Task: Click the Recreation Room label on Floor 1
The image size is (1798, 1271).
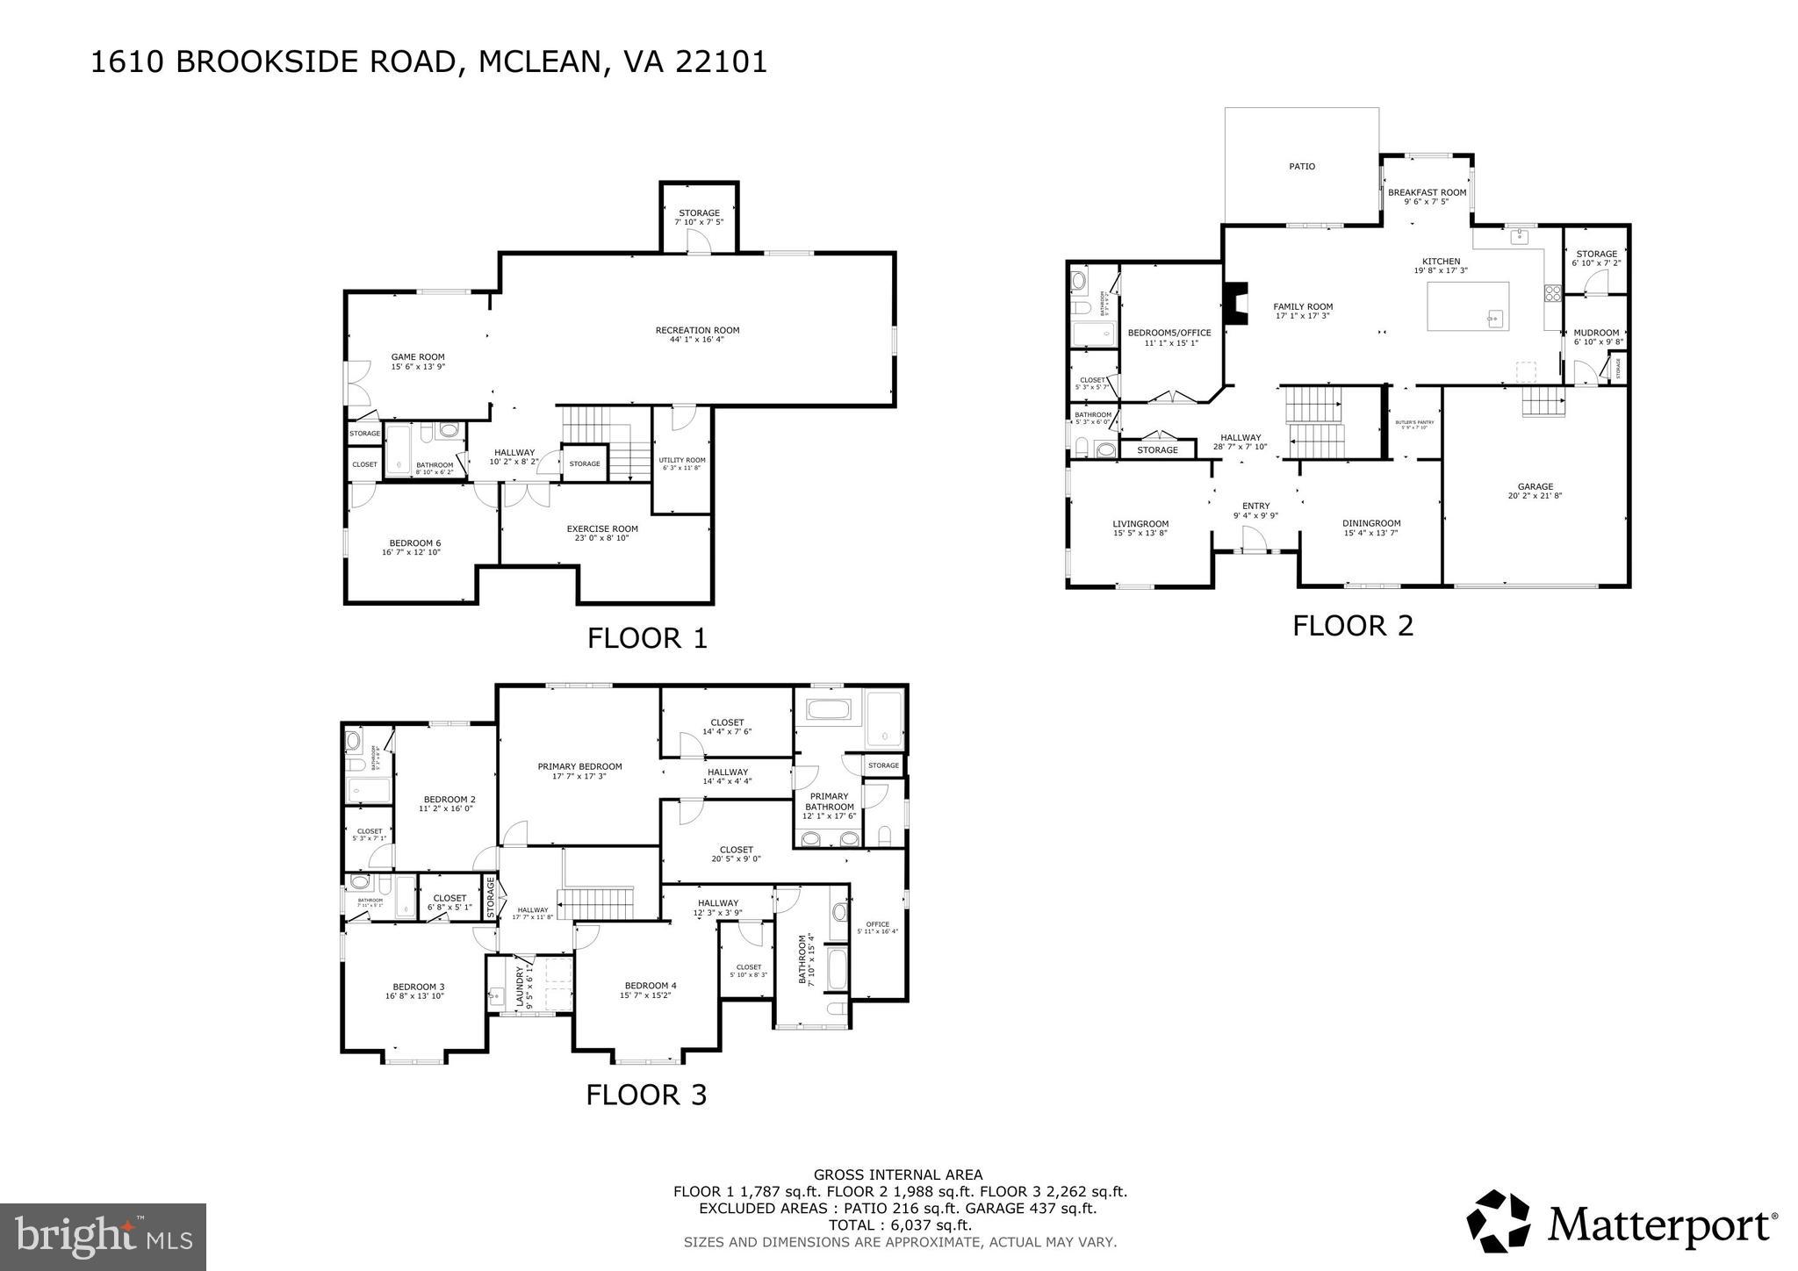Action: coord(697,330)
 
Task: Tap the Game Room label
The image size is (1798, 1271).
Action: coord(418,357)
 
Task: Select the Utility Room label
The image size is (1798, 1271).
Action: coord(682,460)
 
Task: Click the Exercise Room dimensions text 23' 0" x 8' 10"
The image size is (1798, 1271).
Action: coord(601,538)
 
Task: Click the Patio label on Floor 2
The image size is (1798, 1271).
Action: coord(1302,166)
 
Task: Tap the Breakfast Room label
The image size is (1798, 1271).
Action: coord(1427,192)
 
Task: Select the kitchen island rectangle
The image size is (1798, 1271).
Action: coord(1468,305)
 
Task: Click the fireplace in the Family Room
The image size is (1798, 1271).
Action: coord(1238,304)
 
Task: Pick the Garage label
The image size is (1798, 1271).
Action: coord(1535,486)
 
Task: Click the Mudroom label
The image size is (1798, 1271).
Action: coord(1596,333)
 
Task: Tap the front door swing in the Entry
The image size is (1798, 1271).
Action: coord(1254,539)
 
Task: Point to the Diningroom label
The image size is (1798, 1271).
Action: coord(1371,523)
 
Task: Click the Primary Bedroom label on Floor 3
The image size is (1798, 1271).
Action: coord(579,766)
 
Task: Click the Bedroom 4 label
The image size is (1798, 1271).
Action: coord(650,985)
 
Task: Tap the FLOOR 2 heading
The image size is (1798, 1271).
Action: coord(1353,625)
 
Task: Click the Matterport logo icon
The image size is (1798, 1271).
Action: coord(1500,1223)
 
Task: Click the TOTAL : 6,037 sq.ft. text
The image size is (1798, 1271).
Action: coord(900,1225)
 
